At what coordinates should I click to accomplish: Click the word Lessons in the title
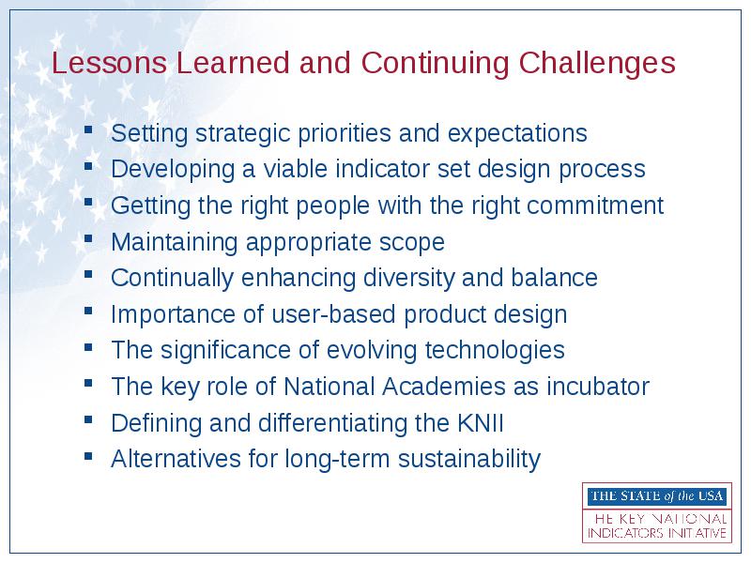pos(109,63)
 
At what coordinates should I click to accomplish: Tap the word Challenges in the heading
pos(597,64)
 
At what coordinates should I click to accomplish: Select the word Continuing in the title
pos(435,64)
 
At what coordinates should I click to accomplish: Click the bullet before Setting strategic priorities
pos(88,129)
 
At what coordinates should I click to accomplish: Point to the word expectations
pos(517,133)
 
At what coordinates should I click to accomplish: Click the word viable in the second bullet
pos(295,169)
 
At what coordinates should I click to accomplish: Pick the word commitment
pos(595,205)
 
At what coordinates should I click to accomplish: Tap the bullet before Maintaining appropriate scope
pos(88,238)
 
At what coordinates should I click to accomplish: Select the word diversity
pos(408,278)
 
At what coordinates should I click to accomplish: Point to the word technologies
pos(495,350)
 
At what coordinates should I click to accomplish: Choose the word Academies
pos(443,387)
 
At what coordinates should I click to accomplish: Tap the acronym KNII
pos(481,423)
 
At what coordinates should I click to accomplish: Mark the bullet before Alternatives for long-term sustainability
pos(88,456)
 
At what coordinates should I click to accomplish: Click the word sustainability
pos(468,459)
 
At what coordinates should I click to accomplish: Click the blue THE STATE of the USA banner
pos(656,496)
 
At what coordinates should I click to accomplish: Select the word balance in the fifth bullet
pos(554,278)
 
